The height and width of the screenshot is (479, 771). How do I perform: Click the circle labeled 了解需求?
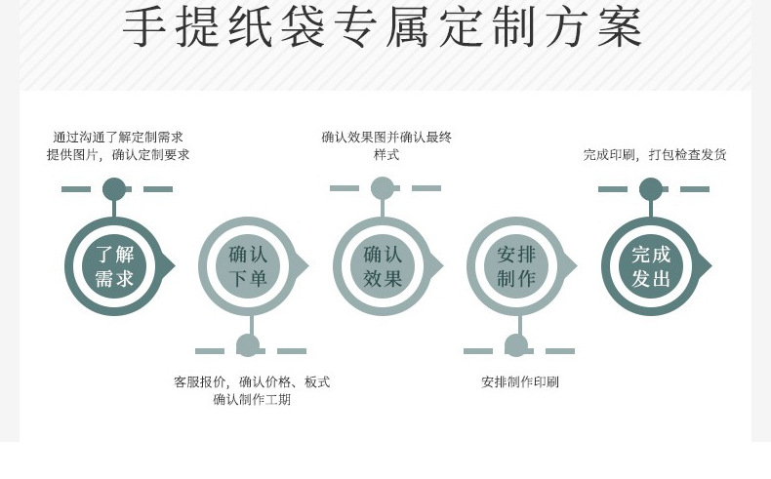pos(114,266)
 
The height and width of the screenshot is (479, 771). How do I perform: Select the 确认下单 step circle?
pos(248,266)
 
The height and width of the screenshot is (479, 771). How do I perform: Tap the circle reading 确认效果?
pos(383,266)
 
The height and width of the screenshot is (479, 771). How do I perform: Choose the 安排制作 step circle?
pos(516,266)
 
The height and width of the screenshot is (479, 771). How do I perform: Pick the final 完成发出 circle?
pos(651,266)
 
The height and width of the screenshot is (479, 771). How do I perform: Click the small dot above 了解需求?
pos(114,189)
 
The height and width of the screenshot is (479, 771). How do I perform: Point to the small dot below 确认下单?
pos(248,345)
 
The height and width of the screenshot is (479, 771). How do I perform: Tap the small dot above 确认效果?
pos(383,188)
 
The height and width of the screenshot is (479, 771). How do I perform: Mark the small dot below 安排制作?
pos(516,345)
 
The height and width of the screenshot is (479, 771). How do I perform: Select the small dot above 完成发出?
pos(651,189)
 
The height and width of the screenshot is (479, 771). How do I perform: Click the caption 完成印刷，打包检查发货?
pos(655,154)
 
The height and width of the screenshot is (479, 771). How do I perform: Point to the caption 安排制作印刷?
pos(520,381)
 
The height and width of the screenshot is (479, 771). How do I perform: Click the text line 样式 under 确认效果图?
pos(386,155)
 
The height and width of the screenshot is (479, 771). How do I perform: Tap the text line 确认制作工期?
pos(252,399)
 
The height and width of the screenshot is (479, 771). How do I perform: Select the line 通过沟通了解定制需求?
pos(118,138)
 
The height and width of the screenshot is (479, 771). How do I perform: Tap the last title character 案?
pos(620,28)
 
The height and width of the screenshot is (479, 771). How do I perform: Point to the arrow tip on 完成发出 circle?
pos(709,265)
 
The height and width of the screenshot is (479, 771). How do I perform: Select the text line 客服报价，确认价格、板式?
pos(252,381)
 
